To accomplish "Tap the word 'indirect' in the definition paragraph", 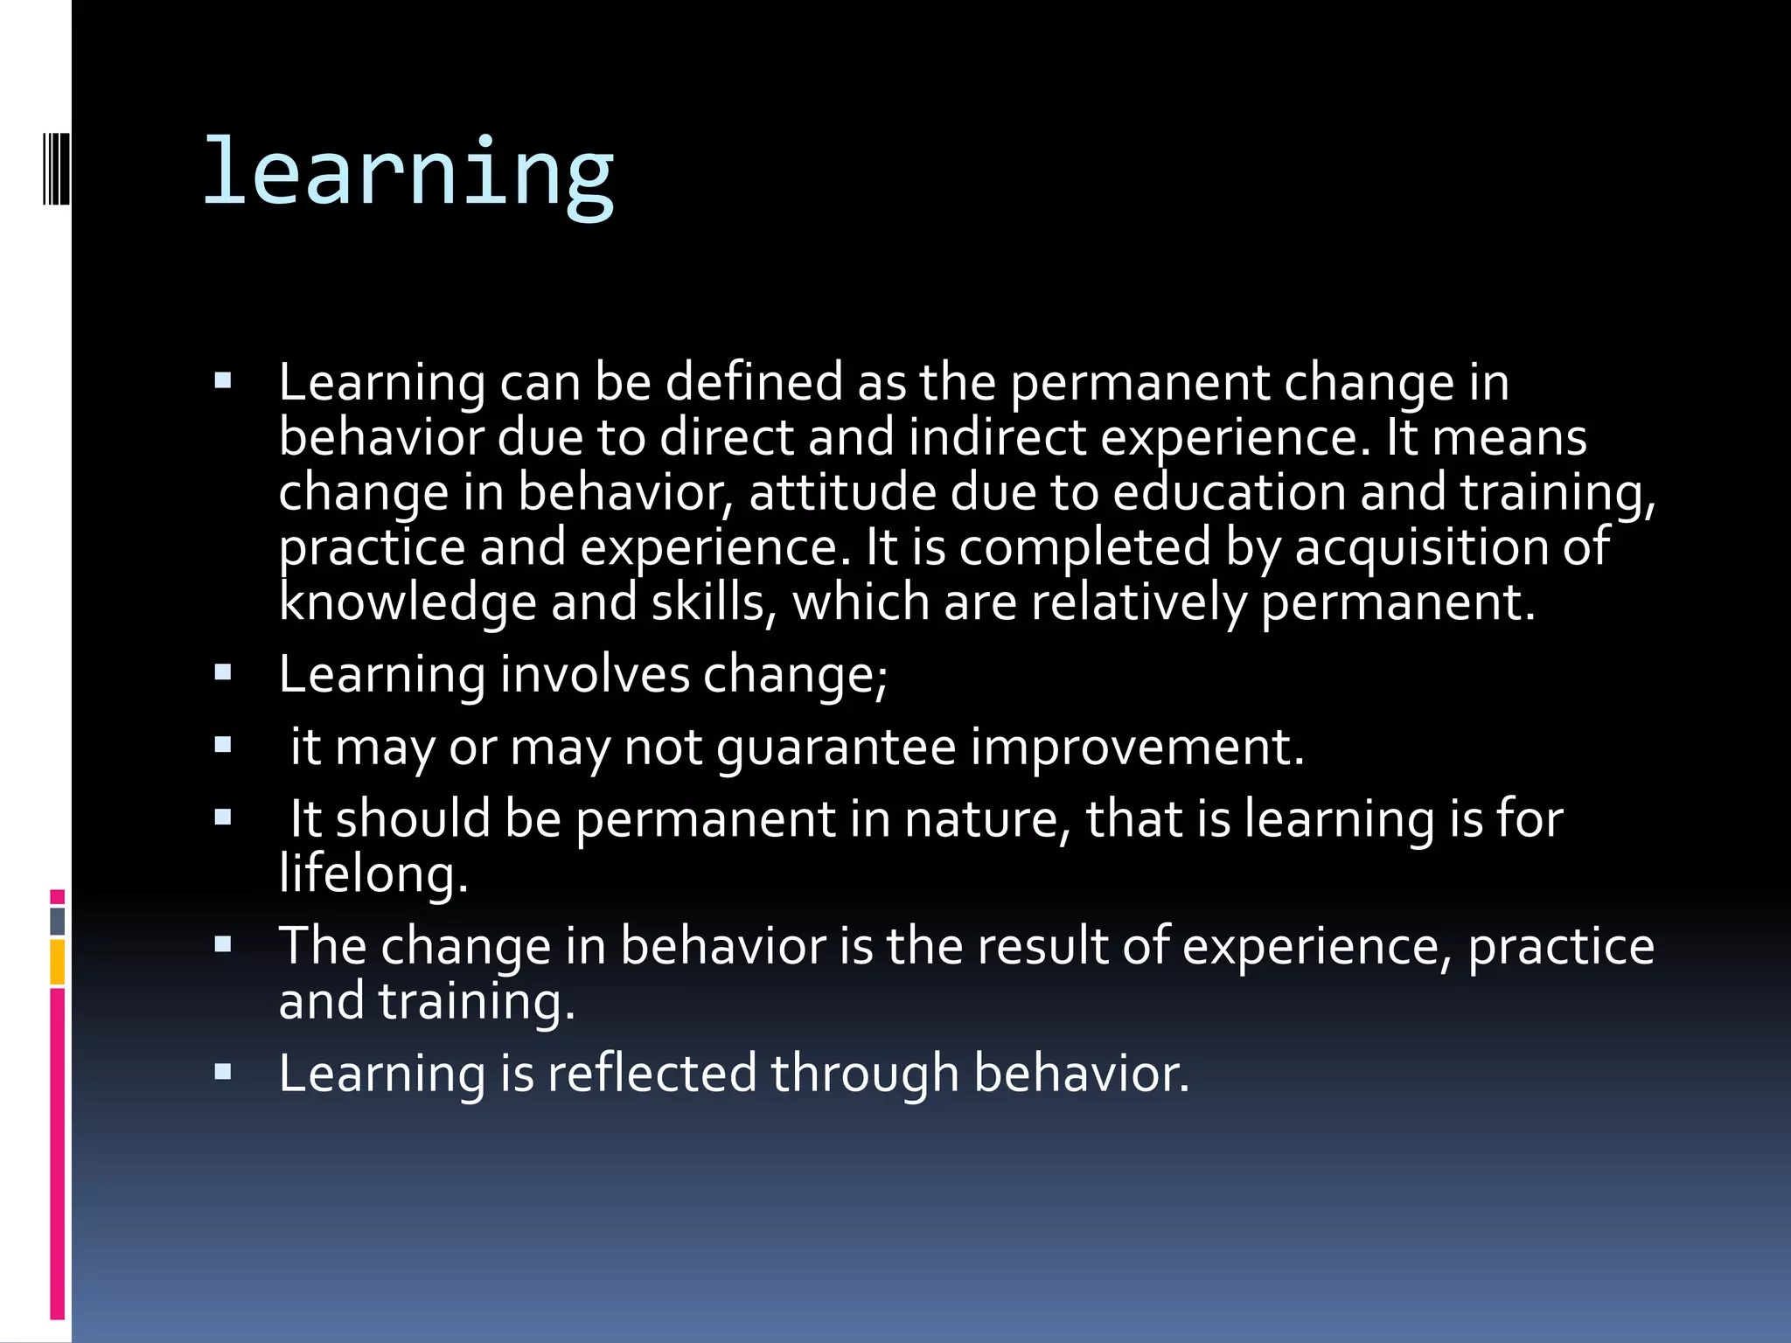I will [x=996, y=437].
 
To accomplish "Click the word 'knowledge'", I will [x=407, y=603].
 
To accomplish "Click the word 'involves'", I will [x=595, y=675].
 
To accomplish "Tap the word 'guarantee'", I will [x=836, y=748].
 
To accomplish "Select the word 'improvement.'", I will [x=1137, y=748].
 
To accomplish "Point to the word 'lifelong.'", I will [x=373, y=873].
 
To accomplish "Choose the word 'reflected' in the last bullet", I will [x=652, y=1073].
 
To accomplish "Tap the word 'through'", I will [x=865, y=1073].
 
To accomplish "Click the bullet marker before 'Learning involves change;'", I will [x=223, y=672].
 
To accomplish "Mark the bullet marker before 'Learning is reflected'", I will [x=223, y=1071].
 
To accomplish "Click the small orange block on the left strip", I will [x=58, y=963].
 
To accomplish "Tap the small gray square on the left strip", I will [x=58, y=921].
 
